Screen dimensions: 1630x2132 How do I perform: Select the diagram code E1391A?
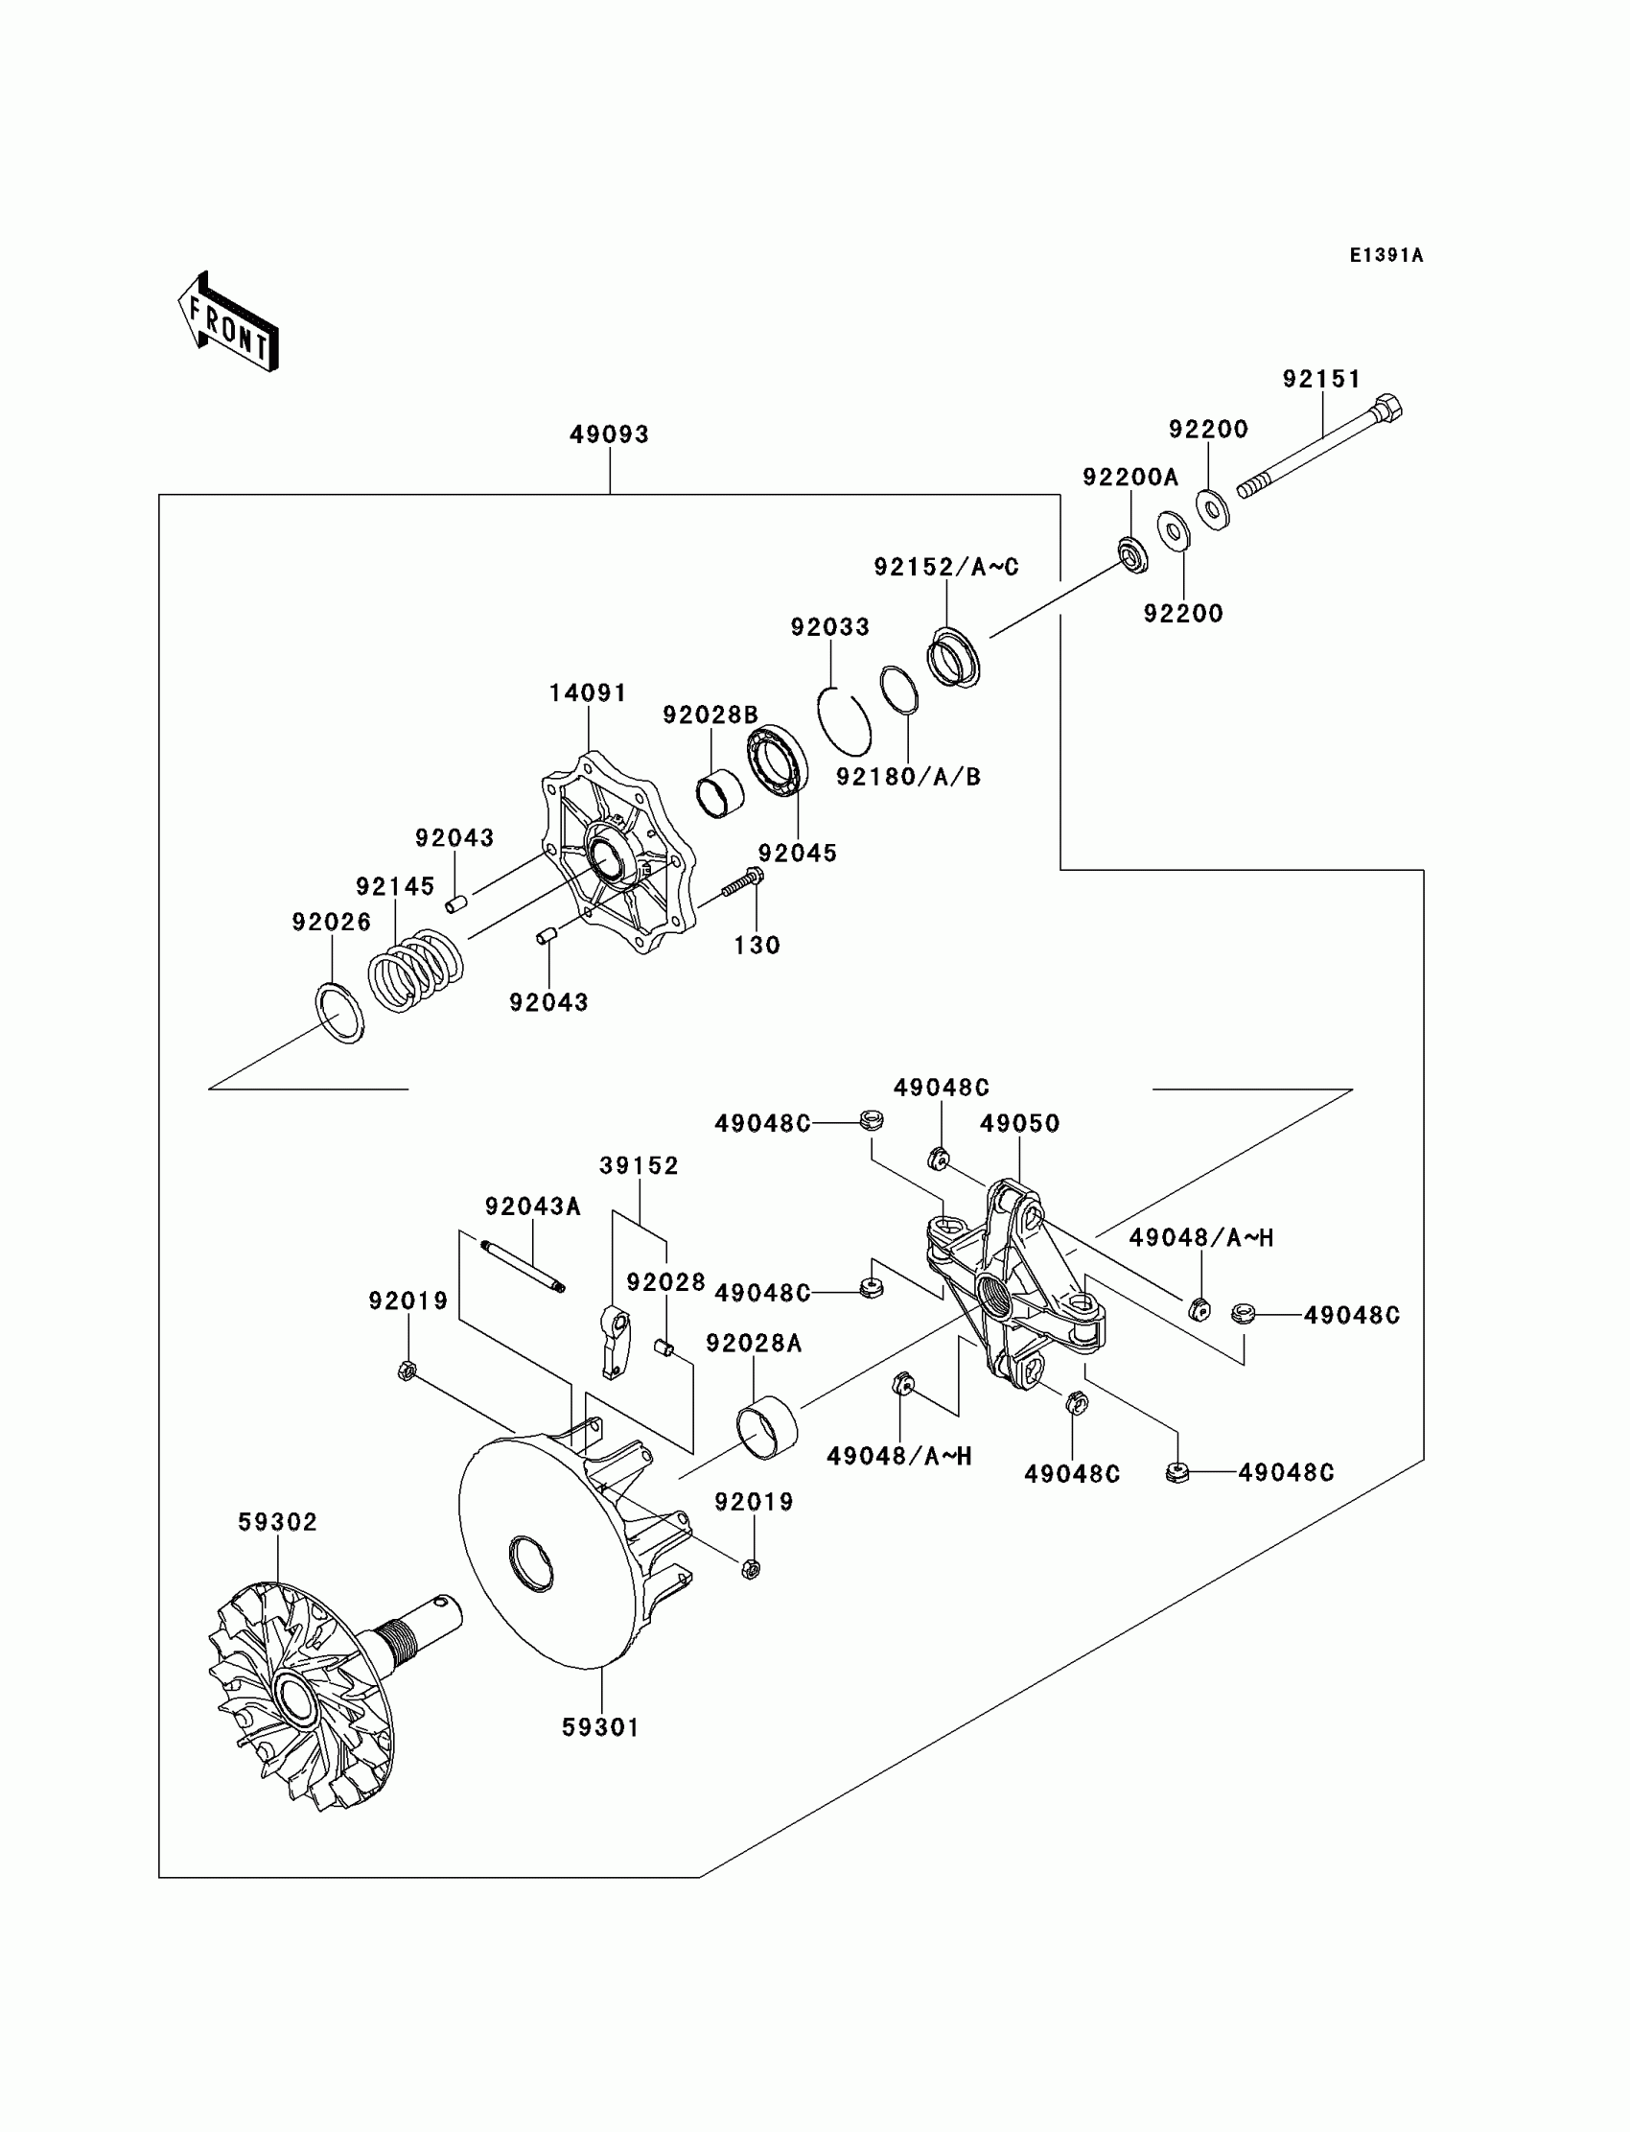(1386, 255)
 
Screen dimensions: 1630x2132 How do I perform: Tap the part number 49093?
(609, 434)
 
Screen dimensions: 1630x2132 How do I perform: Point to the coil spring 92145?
(415, 971)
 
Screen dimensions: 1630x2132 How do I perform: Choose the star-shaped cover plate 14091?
(618, 851)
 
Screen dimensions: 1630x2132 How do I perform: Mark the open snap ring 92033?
(843, 720)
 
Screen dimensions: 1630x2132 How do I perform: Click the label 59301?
(601, 1727)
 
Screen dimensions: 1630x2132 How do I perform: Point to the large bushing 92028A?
(766, 1427)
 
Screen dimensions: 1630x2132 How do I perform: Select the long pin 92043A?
(523, 1266)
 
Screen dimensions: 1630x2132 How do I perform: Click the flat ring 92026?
(340, 1013)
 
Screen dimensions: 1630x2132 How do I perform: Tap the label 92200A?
(1130, 478)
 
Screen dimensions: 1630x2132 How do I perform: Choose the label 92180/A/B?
(909, 776)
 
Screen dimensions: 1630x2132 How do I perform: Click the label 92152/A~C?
(946, 567)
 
